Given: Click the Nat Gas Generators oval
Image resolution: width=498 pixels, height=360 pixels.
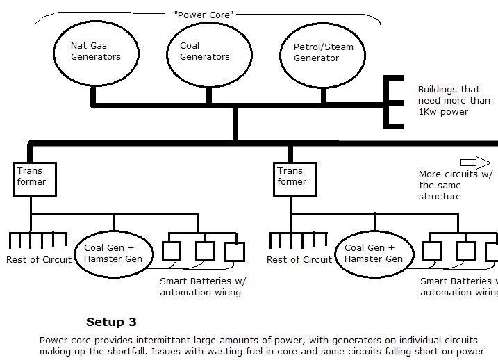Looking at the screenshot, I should click(94, 51).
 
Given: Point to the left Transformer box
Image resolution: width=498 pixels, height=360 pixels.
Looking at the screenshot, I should click(31, 177).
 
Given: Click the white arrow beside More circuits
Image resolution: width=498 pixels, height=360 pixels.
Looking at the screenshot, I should click(476, 162).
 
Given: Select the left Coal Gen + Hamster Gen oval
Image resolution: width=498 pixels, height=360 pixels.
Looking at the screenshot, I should click(113, 252).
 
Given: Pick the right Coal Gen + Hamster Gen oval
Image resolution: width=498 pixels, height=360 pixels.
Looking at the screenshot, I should click(374, 252).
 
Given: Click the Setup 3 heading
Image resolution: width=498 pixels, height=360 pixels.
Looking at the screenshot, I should click(111, 322).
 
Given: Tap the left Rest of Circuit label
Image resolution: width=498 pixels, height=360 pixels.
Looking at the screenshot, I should click(39, 259).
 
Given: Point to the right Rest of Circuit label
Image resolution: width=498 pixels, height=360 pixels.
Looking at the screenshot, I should click(299, 259).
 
